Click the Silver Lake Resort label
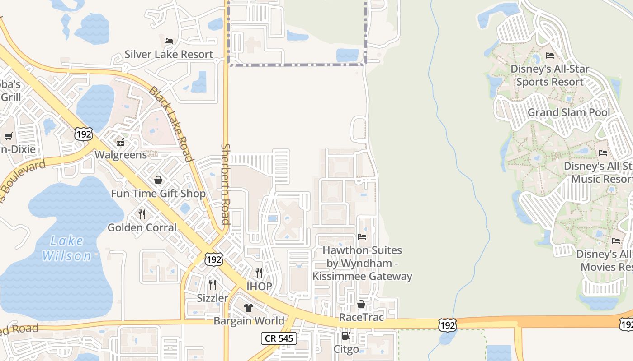coord(169,55)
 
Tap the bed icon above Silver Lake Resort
coord(169,41)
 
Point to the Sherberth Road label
coord(225,184)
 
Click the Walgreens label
coord(121,155)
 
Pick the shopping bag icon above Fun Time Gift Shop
coord(158,180)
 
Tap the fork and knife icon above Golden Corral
coord(142,214)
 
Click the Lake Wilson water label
coord(67,248)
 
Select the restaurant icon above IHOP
coord(259,273)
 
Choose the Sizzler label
coord(213,298)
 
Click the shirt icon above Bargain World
coord(248,308)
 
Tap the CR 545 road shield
coord(279,338)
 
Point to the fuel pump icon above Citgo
coord(346,336)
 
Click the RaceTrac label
coord(361,317)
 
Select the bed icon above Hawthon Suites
coord(362,236)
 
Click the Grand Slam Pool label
coord(569,112)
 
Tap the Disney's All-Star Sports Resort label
coord(550,75)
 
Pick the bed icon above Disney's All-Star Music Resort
coord(603,153)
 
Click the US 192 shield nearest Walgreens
coord(84,134)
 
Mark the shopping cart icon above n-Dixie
coord(8,136)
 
